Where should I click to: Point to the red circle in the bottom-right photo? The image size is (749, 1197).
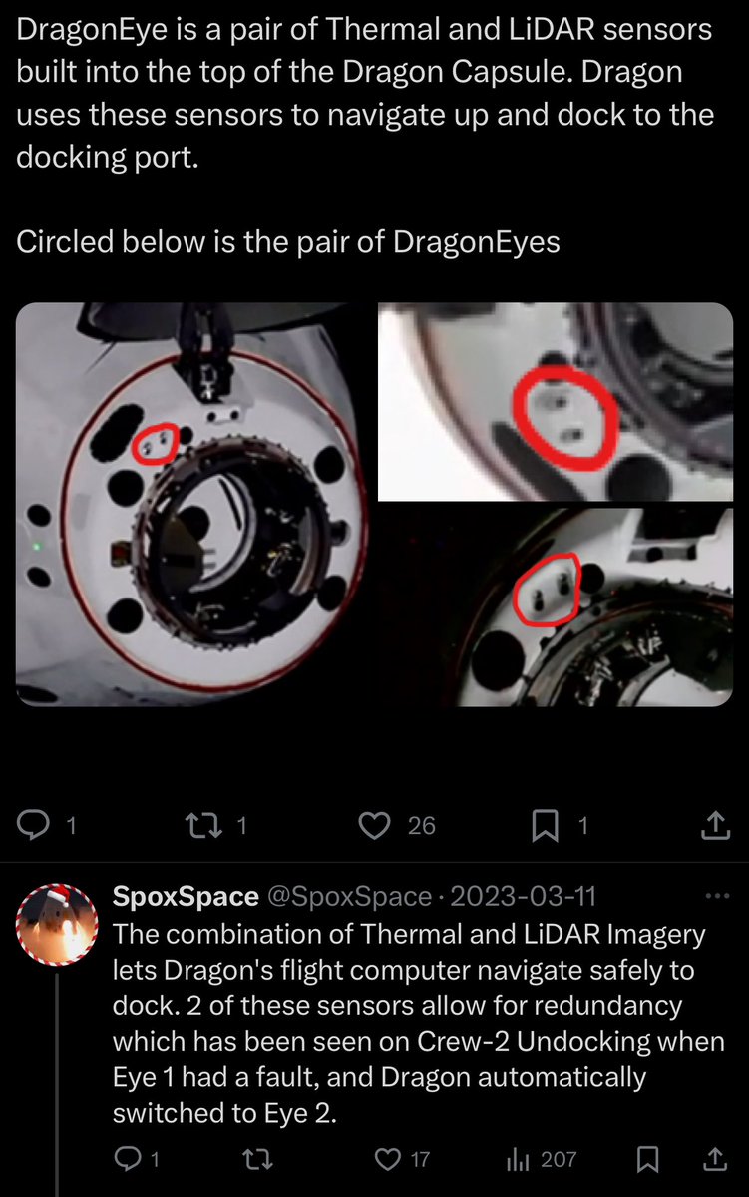point(548,589)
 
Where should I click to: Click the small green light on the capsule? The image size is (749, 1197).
point(37,546)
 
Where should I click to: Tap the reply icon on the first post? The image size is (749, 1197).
point(35,824)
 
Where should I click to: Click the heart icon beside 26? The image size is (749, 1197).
point(373,824)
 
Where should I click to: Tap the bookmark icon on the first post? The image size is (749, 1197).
point(545,824)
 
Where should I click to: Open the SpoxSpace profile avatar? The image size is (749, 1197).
point(57,929)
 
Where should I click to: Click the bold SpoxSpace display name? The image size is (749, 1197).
point(186,897)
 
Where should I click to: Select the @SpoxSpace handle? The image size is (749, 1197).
point(349,897)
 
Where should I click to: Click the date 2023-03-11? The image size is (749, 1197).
point(524,897)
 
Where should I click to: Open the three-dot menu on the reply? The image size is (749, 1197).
point(717,896)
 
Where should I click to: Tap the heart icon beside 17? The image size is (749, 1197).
point(386,1159)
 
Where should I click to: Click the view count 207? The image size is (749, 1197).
point(558,1159)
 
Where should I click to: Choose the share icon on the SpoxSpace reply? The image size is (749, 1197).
point(714,1159)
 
